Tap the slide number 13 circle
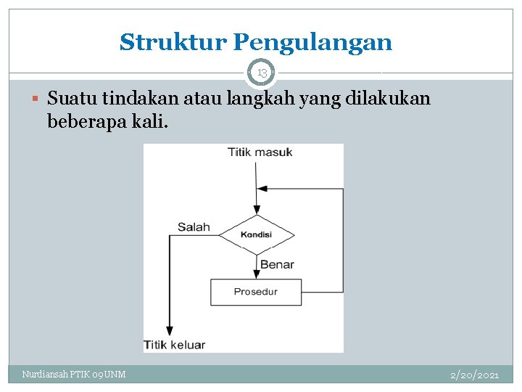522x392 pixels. click(x=262, y=73)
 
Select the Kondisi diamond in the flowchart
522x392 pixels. click(x=257, y=234)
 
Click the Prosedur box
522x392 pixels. click(x=256, y=292)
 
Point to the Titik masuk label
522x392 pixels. click(x=260, y=152)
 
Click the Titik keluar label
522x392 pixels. click(x=175, y=345)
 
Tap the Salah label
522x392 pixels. click(x=194, y=227)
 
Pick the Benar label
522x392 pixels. click(x=277, y=264)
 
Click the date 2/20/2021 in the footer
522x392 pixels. click(x=474, y=375)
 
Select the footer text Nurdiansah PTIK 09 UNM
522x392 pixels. click(x=74, y=375)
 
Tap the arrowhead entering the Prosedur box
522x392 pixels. click(x=257, y=274)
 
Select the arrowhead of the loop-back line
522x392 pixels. click(x=263, y=189)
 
